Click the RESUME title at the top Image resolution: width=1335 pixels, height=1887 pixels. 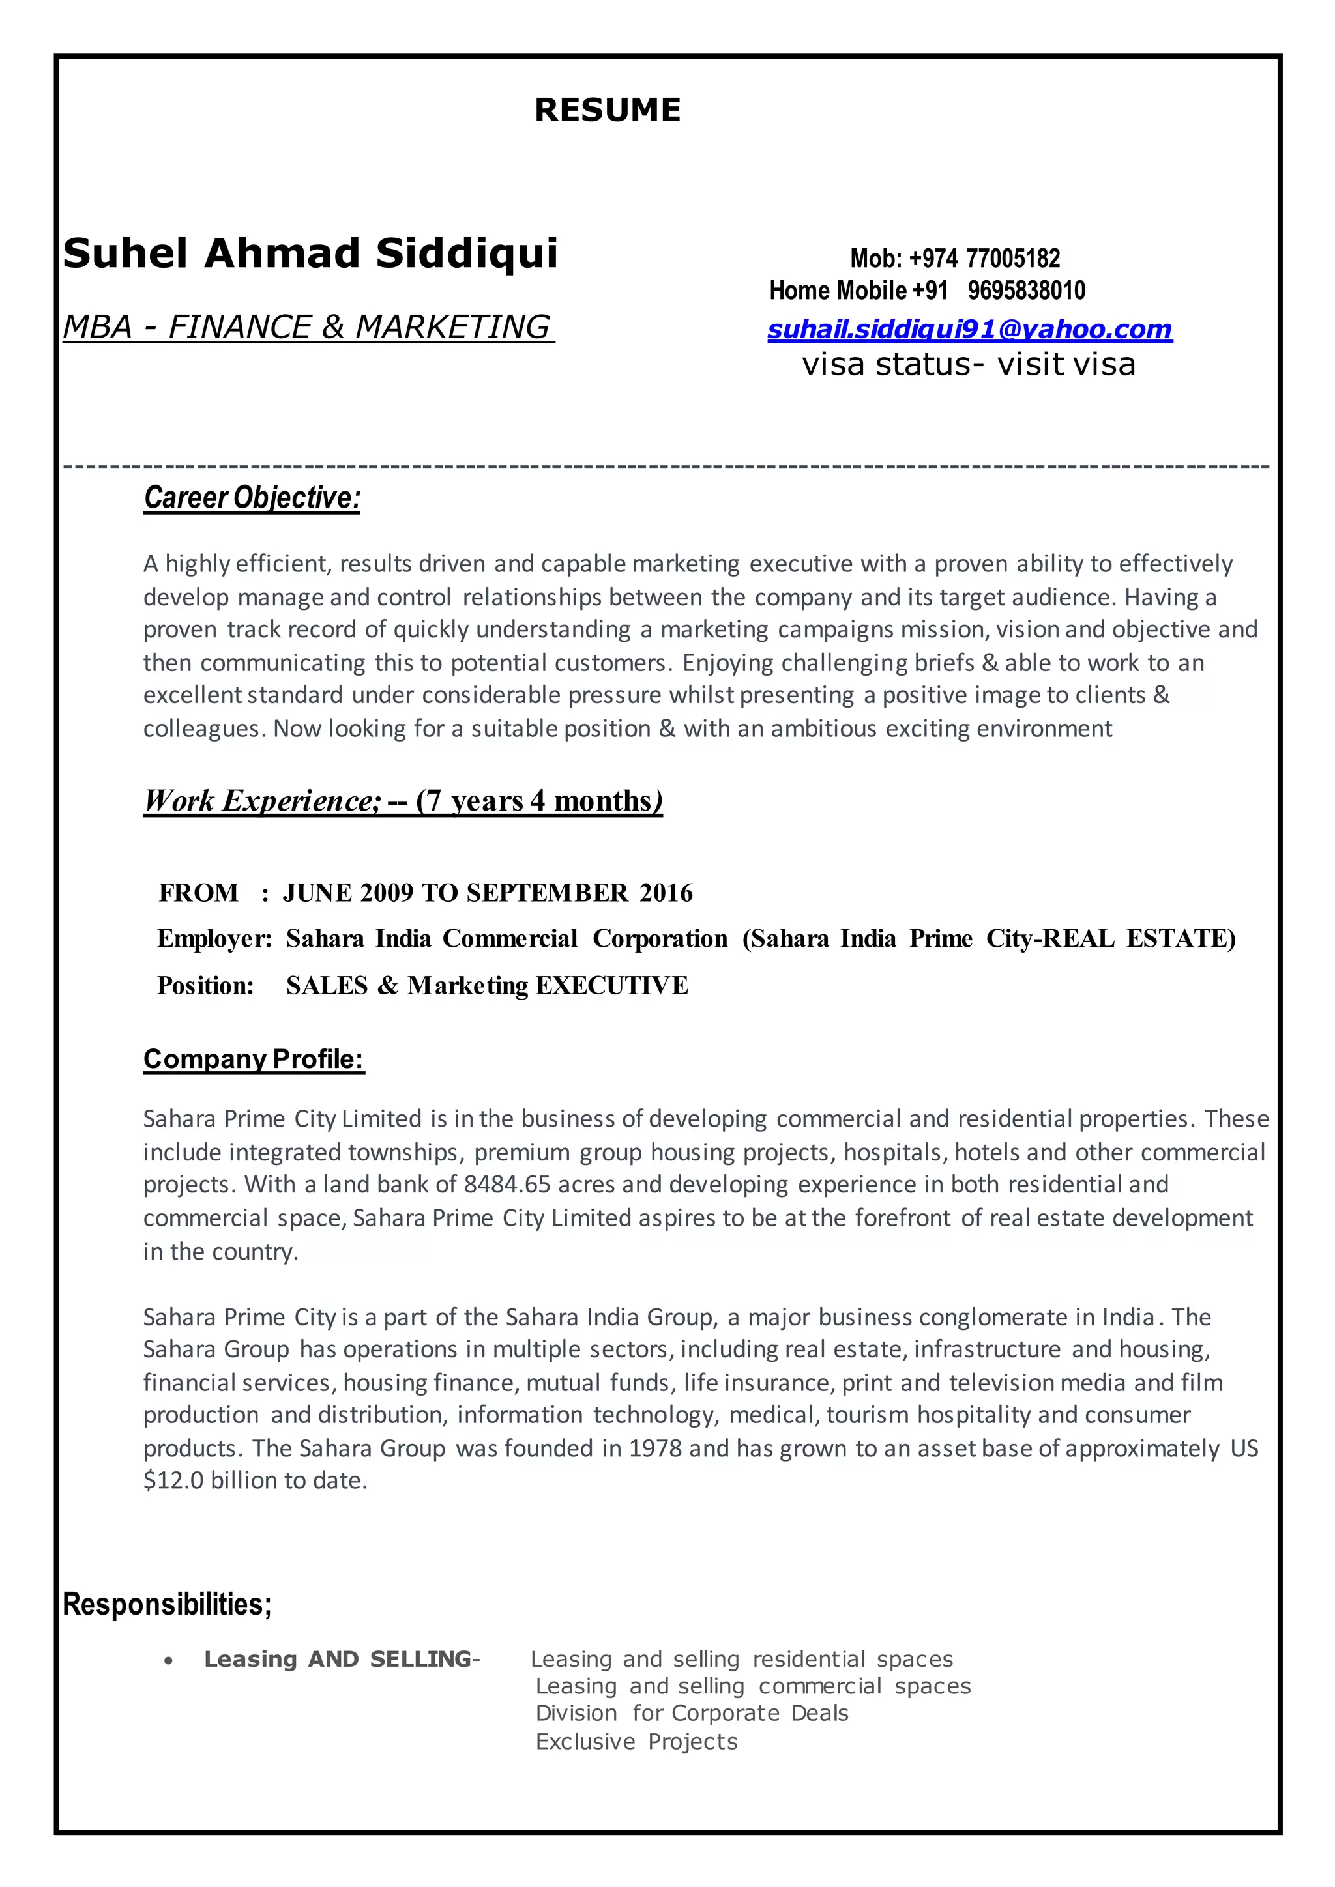click(608, 110)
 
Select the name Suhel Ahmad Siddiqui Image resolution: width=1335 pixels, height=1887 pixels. click(310, 253)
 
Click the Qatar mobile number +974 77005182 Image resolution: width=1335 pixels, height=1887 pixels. click(984, 259)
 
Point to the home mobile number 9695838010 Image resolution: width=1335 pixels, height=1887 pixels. click(1026, 291)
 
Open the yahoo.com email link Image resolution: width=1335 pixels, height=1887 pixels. click(969, 330)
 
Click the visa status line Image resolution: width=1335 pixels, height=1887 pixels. click(969, 365)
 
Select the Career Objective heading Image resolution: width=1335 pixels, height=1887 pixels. click(252, 498)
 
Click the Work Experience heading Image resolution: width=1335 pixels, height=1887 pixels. click(403, 801)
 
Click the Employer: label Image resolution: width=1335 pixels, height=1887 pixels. click(214, 938)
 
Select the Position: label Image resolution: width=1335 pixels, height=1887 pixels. click(205, 985)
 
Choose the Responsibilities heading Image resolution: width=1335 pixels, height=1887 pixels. click(167, 1604)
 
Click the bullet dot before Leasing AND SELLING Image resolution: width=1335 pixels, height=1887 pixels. click(169, 1661)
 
